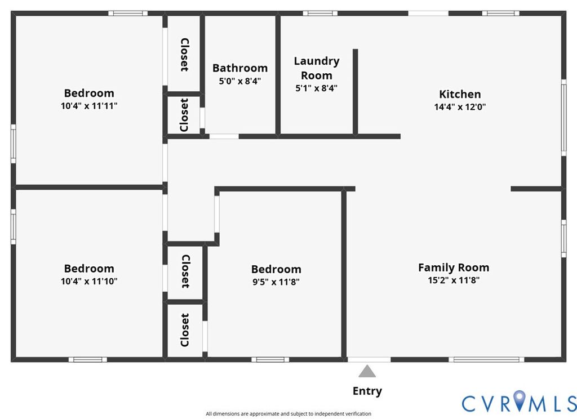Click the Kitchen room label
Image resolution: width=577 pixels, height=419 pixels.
[460, 94]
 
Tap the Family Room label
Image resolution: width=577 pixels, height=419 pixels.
[454, 268]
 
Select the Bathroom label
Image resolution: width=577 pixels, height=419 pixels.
[240, 68]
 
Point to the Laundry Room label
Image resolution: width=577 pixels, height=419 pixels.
[317, 68]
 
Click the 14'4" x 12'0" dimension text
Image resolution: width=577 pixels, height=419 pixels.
[460, 107]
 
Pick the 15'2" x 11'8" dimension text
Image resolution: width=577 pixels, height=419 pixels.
[454, 280]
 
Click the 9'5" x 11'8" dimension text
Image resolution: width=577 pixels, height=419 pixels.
[276, 282]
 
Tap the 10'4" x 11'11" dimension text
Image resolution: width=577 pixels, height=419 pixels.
[89, 106]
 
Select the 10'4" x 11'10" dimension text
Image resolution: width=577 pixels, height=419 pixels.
[89, 282]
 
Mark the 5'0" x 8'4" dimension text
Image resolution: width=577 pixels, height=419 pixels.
[240, 81]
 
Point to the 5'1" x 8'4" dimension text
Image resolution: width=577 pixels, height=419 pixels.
[317, 88]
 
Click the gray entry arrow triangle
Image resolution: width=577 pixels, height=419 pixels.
[367, 372]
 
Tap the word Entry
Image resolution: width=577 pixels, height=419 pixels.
[367, 391]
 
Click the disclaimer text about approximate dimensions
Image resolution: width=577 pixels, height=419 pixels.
[288, 414]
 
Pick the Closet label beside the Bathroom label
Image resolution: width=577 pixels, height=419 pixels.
[184, 55]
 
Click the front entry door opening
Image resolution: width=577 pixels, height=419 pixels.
[369, 359]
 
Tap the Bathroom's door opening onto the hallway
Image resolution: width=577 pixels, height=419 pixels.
[224, 136]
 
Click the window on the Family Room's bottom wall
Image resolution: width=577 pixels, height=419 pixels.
[486, 359]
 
